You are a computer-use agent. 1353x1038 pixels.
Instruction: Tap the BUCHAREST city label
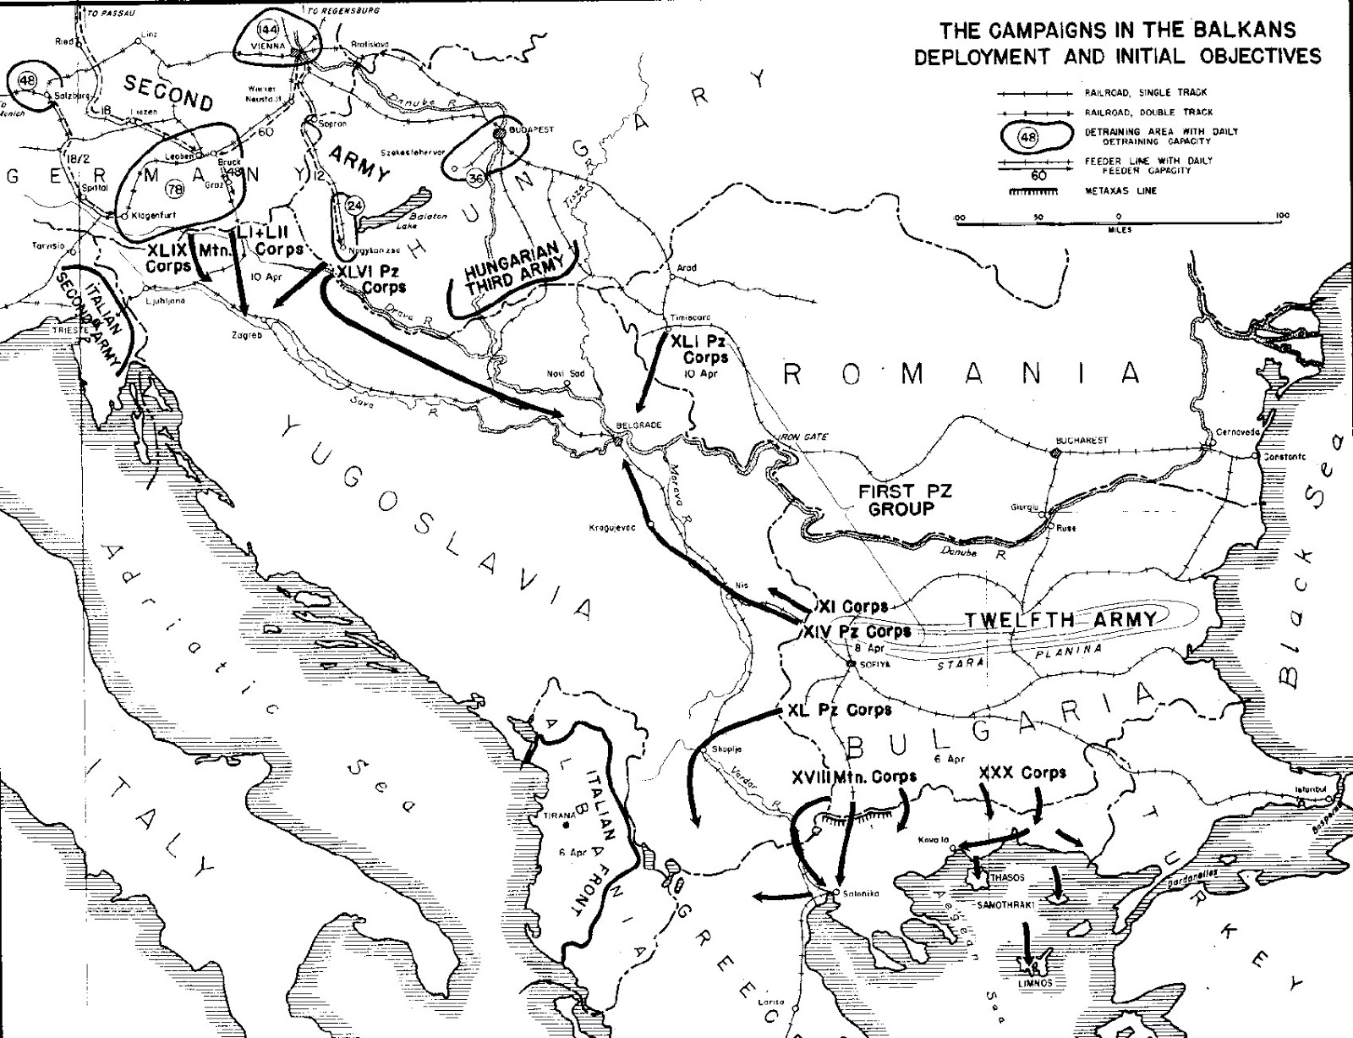click(x=1082, y=441)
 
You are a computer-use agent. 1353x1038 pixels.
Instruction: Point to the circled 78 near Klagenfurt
click(x=178, y=189)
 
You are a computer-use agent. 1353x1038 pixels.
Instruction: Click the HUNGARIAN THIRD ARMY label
click(x=512, y=269)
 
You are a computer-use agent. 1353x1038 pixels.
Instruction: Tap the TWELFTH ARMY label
click(x=1060, y=620)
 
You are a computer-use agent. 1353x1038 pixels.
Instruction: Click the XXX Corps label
click(x=1022, y=772)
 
